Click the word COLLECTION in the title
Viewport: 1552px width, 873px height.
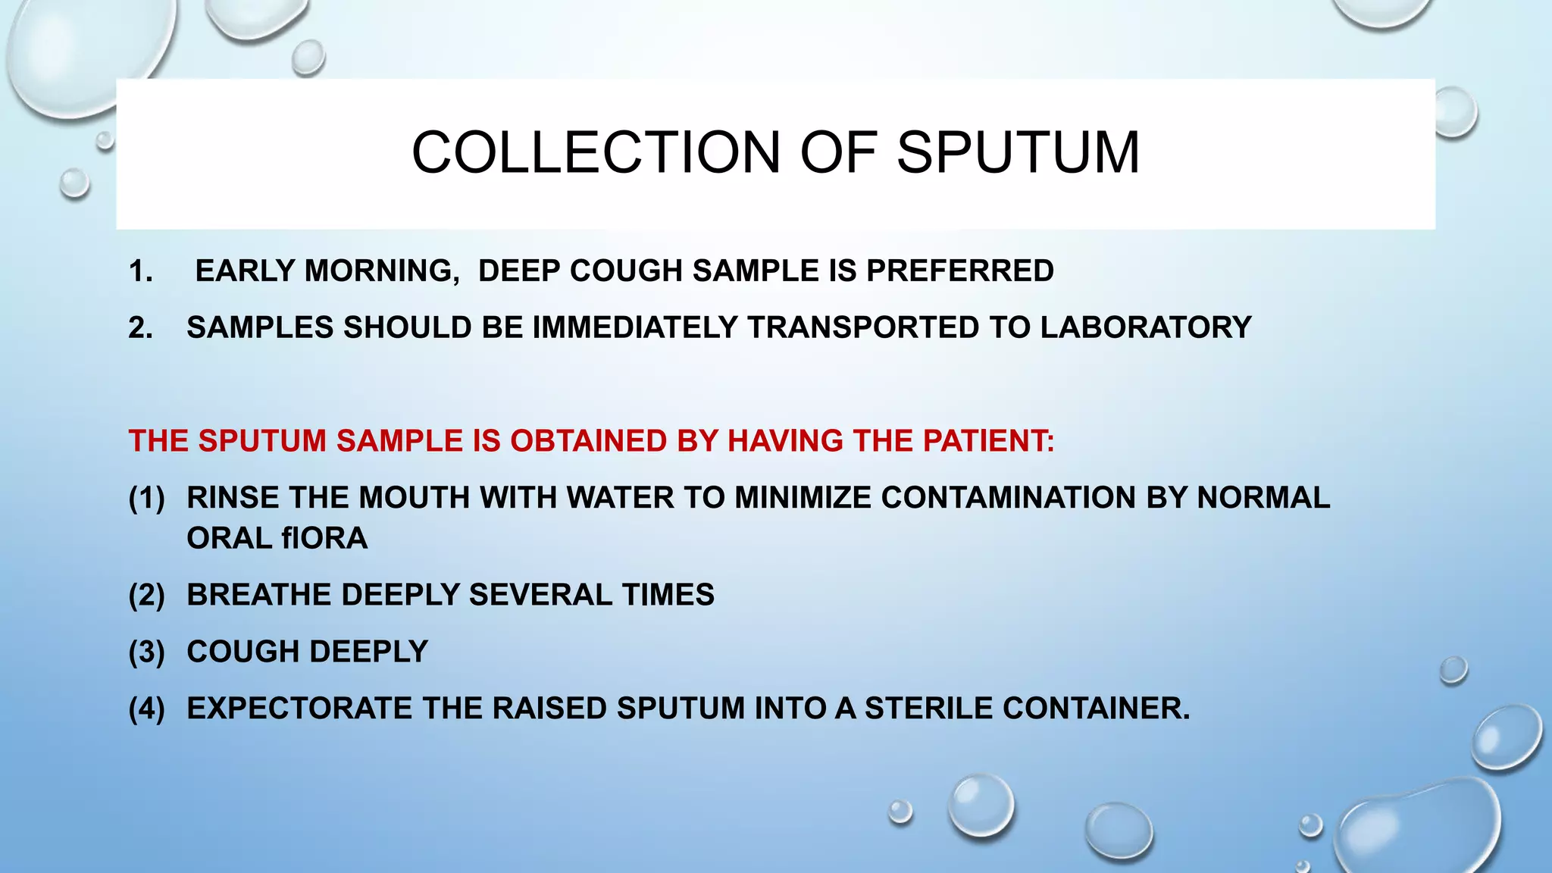596,152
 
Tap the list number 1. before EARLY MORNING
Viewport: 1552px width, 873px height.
141,271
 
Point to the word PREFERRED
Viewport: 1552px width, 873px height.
960,271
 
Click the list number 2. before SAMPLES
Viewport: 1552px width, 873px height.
141,327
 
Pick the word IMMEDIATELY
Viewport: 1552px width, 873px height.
635,327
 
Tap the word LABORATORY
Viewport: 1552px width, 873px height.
1146,327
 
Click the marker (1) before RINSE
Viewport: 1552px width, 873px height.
146,498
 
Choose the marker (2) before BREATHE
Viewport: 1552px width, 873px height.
146,595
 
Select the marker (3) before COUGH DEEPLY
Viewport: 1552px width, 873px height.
146,652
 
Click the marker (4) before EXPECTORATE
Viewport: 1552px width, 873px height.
146,709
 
